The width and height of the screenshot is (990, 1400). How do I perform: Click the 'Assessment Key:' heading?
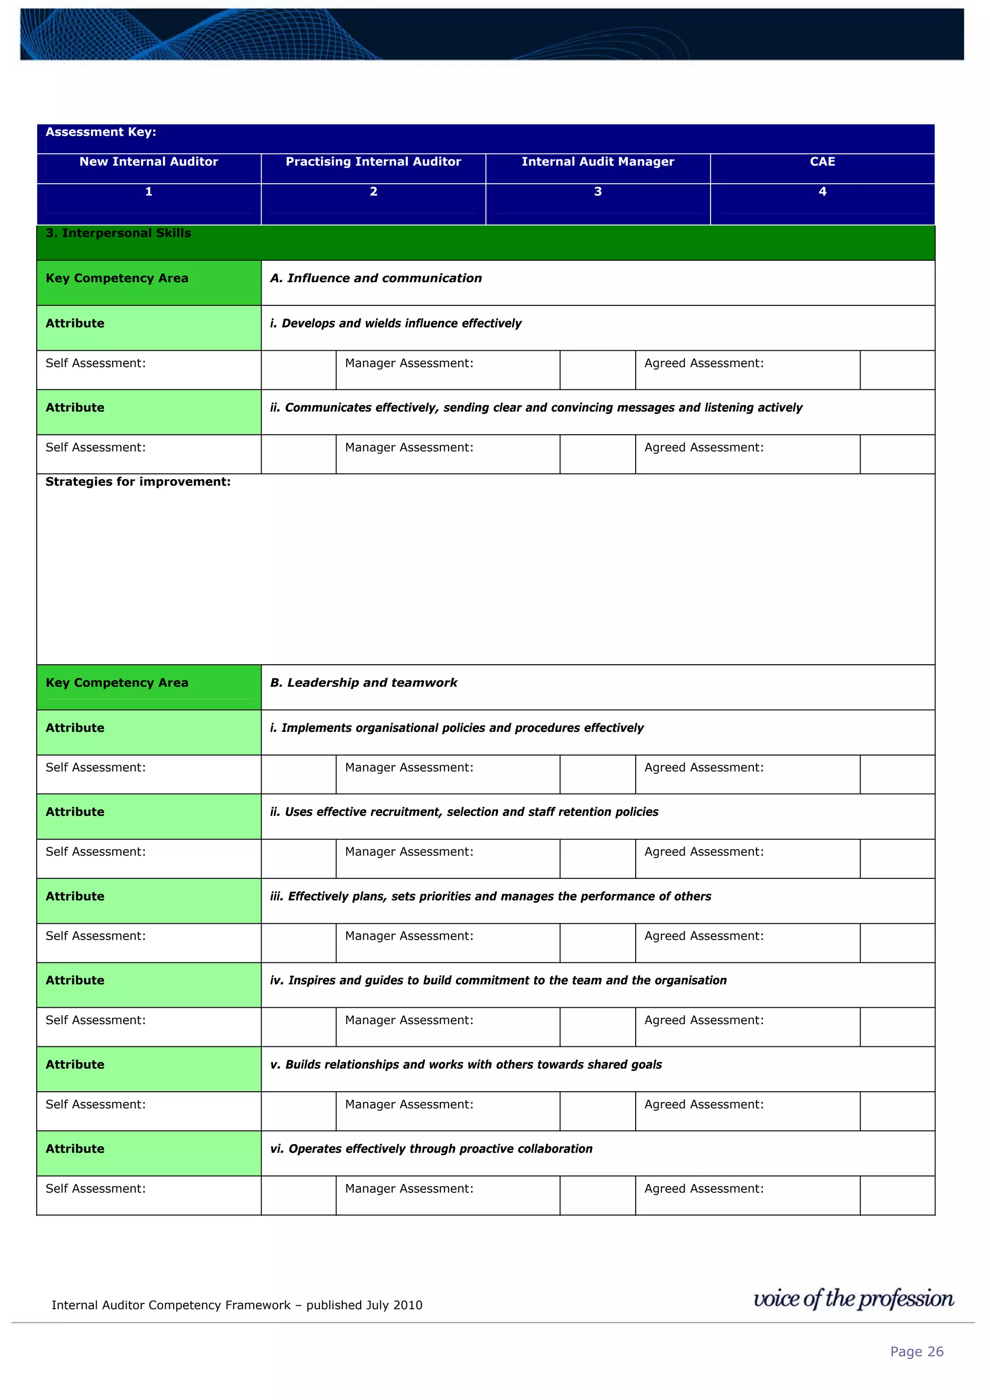(x=101, y=132)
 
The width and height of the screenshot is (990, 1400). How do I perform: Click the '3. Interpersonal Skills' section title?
(x=118, y=233)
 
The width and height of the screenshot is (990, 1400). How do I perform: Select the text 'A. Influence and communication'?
(x=376, y=278)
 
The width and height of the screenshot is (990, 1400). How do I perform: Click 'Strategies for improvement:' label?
(x=138, y=482)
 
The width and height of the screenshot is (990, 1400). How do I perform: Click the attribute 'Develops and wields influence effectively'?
(x=395, y=323)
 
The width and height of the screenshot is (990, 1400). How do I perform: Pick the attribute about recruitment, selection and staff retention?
(x=464, y=812)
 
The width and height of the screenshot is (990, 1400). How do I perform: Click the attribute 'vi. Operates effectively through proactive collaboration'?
(x=431, y=1149)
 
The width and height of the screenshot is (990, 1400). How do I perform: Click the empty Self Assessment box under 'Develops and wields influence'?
(x=298, y=370)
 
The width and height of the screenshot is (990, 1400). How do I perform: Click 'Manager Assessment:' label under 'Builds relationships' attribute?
(x=408, y=1104)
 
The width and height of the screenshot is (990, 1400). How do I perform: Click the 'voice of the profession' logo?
(x=853, y=1299)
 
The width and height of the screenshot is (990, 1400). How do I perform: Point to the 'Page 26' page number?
(x=916, y=1352)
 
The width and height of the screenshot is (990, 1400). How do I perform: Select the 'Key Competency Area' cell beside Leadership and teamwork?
(x=117, y=683)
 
